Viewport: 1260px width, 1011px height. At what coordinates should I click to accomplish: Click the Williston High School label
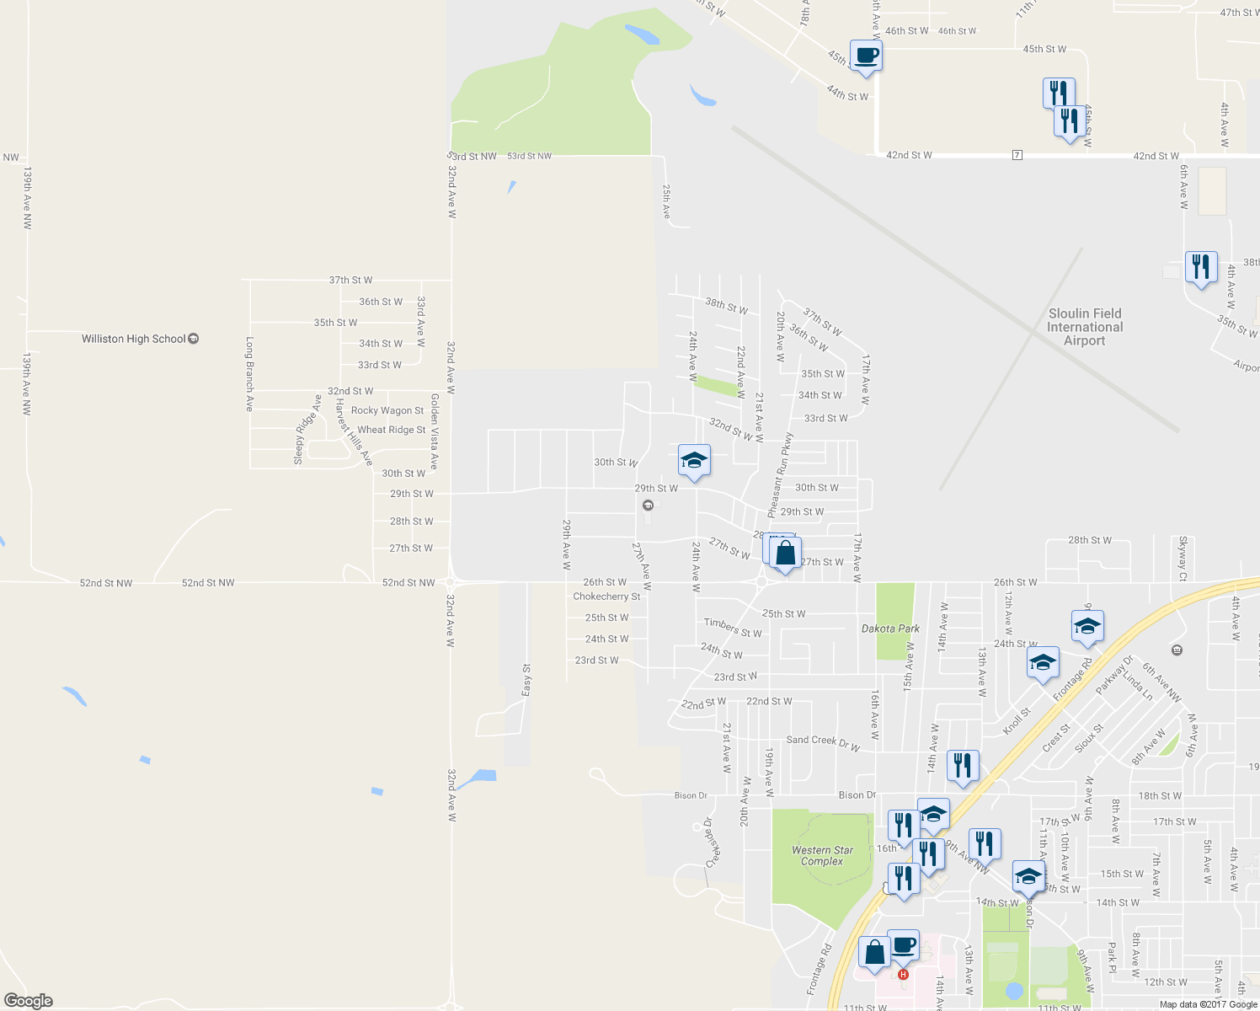(x=134, y=339)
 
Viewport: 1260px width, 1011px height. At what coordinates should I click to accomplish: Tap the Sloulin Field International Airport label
(x=1084, y=327)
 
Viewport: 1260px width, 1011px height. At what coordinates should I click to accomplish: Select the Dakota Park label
(x=890, y=629)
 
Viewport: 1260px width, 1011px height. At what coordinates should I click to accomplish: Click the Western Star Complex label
(x=822, y=855)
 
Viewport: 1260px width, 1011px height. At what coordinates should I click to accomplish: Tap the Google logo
(x=29, y=1000)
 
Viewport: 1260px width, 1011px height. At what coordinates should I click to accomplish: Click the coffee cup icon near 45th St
(x=866, y=56)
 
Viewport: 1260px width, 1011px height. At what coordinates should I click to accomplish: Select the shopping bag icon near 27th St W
(x=785, y=554)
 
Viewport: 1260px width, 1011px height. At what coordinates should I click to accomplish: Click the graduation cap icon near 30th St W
(x=694, y=461)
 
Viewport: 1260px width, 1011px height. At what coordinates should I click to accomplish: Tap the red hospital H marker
(x=903, y=975)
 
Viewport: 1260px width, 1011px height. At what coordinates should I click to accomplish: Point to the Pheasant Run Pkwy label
(x=781, y=475)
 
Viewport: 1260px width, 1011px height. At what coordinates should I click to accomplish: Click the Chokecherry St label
(x=606, y=596)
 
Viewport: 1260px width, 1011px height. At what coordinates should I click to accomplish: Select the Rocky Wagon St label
(x=387, y=410)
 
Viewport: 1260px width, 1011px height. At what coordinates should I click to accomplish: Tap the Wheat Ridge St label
(x=392, y=430)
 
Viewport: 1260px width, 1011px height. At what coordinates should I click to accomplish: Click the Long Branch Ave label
(x=249, y=374)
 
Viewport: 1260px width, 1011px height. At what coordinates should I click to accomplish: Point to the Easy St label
(x=526, y=680)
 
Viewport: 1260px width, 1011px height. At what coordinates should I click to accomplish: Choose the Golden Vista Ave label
(x=435, y=431)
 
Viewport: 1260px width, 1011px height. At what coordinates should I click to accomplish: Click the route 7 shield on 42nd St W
(x=1017, y=155)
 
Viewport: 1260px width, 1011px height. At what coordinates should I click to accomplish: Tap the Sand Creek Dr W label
(x=823, y=742)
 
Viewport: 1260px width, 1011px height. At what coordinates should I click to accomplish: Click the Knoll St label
(x=1017, y=721)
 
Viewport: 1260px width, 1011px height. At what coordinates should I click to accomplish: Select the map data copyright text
(x=1208, y=1004)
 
